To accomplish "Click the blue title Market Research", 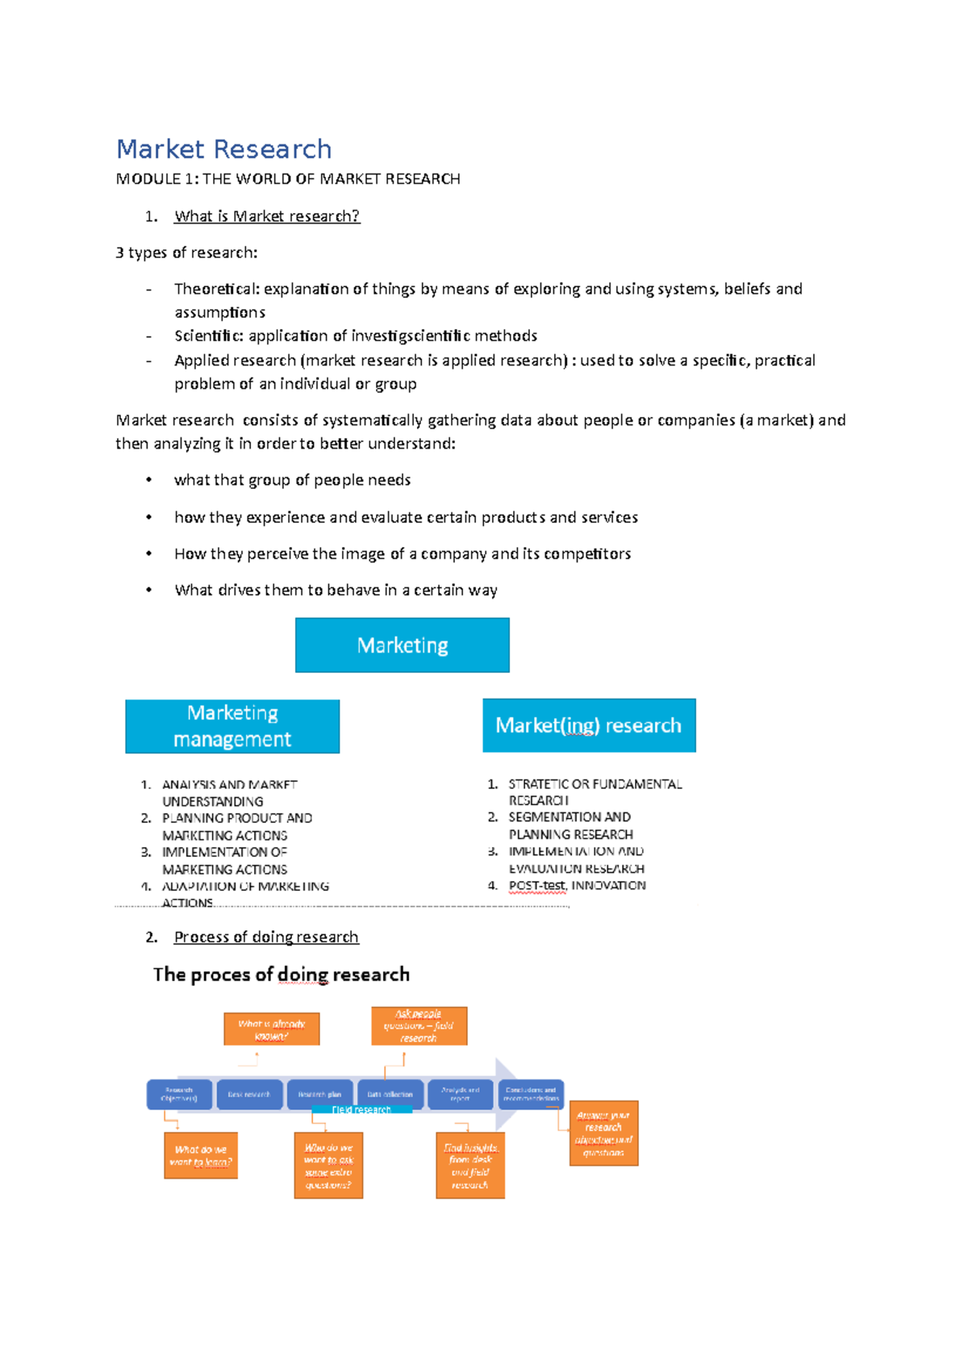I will coord(223,149).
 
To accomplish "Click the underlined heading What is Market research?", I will coord(266,216).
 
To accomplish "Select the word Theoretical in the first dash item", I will coord(215,289).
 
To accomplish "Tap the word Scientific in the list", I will coord(208,336).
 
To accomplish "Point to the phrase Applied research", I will coord(235,361).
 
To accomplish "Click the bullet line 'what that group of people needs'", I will coord(292,480).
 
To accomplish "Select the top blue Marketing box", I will coord(402,645).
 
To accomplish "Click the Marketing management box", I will coord(232,726).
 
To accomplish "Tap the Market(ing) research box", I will coord(589,725).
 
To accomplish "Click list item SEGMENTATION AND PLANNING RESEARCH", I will coord(570,825).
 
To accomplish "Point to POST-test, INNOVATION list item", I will coord(576,885).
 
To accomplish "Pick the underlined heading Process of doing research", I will coord(266,937).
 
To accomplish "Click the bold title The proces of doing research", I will coord(281,975).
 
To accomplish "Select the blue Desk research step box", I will coord(249,1094).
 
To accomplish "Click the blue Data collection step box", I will coord(390,1094).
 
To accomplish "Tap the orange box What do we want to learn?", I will coord(200,1155).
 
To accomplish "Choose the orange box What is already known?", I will coord(271,1030).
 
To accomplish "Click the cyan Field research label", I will coord(361,1110).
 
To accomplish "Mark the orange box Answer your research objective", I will coord(603,1133).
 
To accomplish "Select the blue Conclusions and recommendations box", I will coord(531,1094).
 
